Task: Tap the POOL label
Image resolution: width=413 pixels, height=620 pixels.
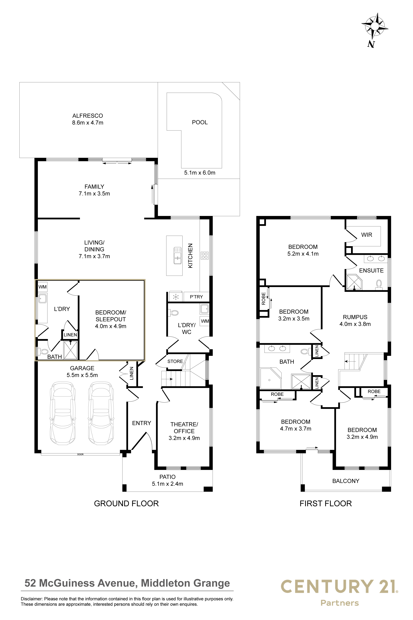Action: (x=200, y=122)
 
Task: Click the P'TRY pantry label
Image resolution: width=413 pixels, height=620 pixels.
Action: (x=197, y=297)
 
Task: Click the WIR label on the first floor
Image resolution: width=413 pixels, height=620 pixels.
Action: (x=367, y=235)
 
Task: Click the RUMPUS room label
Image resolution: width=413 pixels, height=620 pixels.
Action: (x=355, y=317)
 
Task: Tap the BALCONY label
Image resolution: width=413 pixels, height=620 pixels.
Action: (x=346, y=481)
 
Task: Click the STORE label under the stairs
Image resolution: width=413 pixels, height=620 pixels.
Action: (x=175, y=361)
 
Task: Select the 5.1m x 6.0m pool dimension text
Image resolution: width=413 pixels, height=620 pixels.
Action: (x=200, y=173)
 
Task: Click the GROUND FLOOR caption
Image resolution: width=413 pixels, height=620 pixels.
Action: (x=126, y=503)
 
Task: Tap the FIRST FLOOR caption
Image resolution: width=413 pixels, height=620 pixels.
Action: (x=326, y=503)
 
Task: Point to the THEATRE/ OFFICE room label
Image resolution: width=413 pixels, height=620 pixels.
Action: (x=184, y=428)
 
